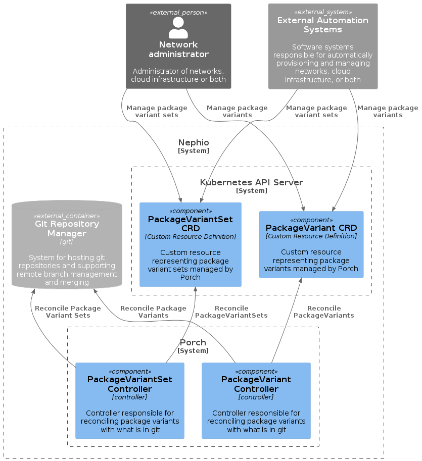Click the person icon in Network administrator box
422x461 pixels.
click(x=178, y=28)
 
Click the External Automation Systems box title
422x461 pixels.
click(x=322, y=25)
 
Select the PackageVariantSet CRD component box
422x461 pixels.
click(x=191, y=244)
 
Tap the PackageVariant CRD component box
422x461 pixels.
click(x=311, y=244)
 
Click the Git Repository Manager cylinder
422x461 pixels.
click(x=67, y=245)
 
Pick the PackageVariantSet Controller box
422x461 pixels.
click(x=130, y=400)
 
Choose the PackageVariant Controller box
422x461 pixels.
click(x=256, y=400)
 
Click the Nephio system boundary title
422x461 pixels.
click(x=194, y=143)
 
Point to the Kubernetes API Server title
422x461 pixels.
click(x=252, y=182)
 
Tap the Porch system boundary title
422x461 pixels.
click(x=193, y=343)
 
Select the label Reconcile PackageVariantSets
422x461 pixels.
click(x=231, y=312)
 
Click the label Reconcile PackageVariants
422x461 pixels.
click(x=324, y=312)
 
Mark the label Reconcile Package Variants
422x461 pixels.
click(x=153, y=312)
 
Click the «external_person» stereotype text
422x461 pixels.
click(x=178, y=12)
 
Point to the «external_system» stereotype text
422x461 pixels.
click(x=322, y=12)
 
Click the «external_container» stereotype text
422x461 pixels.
click(x=67, y=216)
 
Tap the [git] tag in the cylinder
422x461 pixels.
click(x=67, y=242)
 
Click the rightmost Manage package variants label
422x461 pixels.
click(x=388, y=111)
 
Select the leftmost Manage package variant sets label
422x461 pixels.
click(x=157, y=111)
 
